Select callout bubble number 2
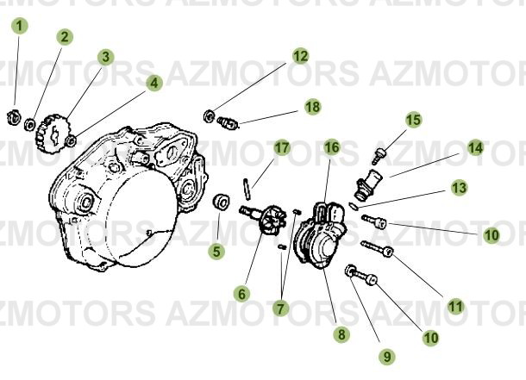tap(65, 37)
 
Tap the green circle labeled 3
tap(105, 58)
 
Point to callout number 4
tap(153, 84)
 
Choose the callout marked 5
tap(216, 252)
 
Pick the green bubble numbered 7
tap(281, 307)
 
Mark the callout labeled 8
tap(342, 333)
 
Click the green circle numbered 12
tap(299, 57)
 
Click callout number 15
tap(413, 120)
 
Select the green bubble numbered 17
tap(282, 147)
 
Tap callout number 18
tap(311, 107)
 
